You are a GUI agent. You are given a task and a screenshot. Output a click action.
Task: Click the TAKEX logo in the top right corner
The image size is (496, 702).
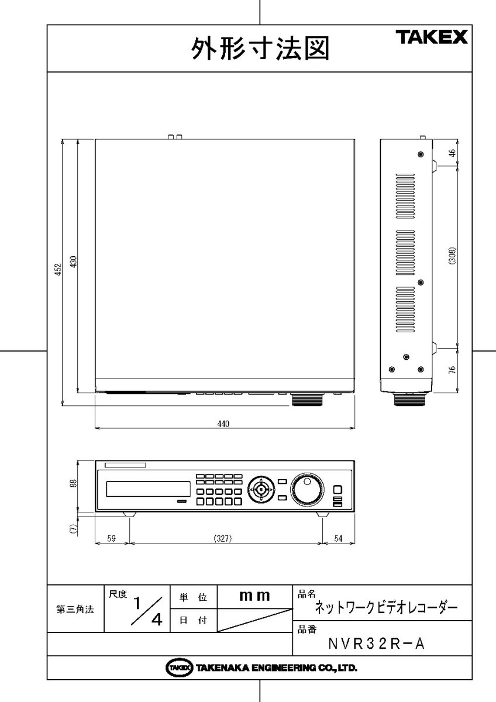[433, 38]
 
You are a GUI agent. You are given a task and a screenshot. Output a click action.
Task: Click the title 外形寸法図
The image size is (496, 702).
[260, 49]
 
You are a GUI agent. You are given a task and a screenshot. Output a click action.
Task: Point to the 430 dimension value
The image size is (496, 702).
[74, 262]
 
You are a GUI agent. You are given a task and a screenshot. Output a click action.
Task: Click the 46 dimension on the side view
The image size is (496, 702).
[452, 153]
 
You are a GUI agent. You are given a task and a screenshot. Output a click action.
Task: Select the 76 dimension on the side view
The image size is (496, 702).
[452, 371]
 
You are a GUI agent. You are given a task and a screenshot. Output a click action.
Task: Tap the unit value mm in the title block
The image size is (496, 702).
[254, 597]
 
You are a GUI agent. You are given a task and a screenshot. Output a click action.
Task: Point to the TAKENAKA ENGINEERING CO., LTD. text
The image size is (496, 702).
[261, 667]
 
